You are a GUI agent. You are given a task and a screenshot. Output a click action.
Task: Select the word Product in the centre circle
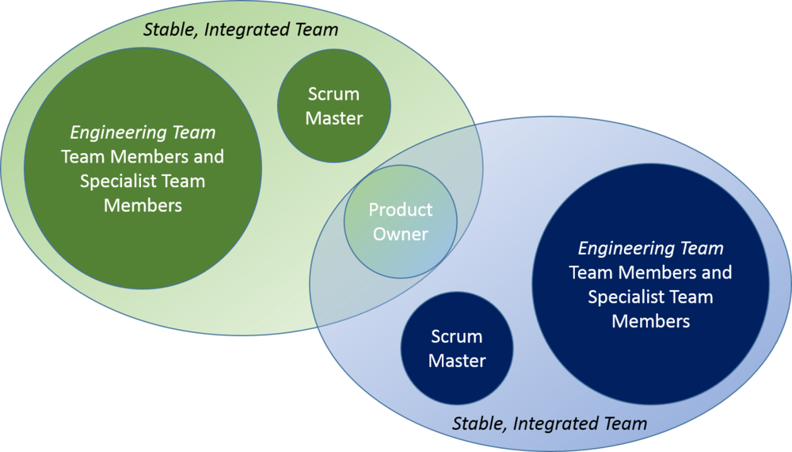(401, 210)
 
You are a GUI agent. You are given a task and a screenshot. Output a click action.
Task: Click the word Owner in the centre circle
(401, 234)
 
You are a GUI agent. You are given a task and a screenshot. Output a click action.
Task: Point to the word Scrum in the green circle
(333, 94)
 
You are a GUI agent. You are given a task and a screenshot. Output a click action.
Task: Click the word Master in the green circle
(333, 119)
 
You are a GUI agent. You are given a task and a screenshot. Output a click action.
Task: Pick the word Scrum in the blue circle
(457, 336)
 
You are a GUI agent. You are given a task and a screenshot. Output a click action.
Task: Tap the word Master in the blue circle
(457, 361)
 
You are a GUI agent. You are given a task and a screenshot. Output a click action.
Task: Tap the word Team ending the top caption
(318, 30)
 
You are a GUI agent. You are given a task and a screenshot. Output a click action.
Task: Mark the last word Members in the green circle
(143, 205)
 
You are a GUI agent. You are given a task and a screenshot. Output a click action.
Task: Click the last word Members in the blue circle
(651, 321)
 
